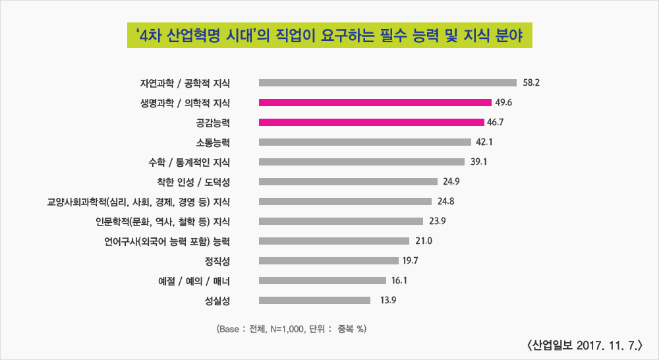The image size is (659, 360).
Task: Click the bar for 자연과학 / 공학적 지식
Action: pyautogui.click(x=387, y=82)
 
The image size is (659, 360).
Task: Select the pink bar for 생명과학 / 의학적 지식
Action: pyautogui.click(x=376, y=102)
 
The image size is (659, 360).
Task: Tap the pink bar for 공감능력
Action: pyautogui.click(x=372, y=122)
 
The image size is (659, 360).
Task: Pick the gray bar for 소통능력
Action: pyautogui.click(x=365, y=142)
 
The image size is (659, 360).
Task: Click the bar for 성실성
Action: pyautogui.click(x=315, y=300)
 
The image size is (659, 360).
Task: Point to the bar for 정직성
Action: pyautogui.click(x=329, y=260)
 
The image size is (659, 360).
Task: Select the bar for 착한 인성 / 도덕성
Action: pyautogui.click(x=348, y=181)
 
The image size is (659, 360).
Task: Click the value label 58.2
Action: pyautogui.click(x=531, y=82)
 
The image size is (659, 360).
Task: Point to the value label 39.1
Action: pyautogui.click(x=478, y=162)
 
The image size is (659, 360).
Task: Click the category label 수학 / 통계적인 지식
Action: pyautogui.click(x=190, y=162)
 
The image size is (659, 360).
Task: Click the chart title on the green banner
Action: pyautogui.click(x=329, y=36)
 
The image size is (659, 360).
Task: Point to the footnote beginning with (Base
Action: pyautogui.click(x=290, y=328)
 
